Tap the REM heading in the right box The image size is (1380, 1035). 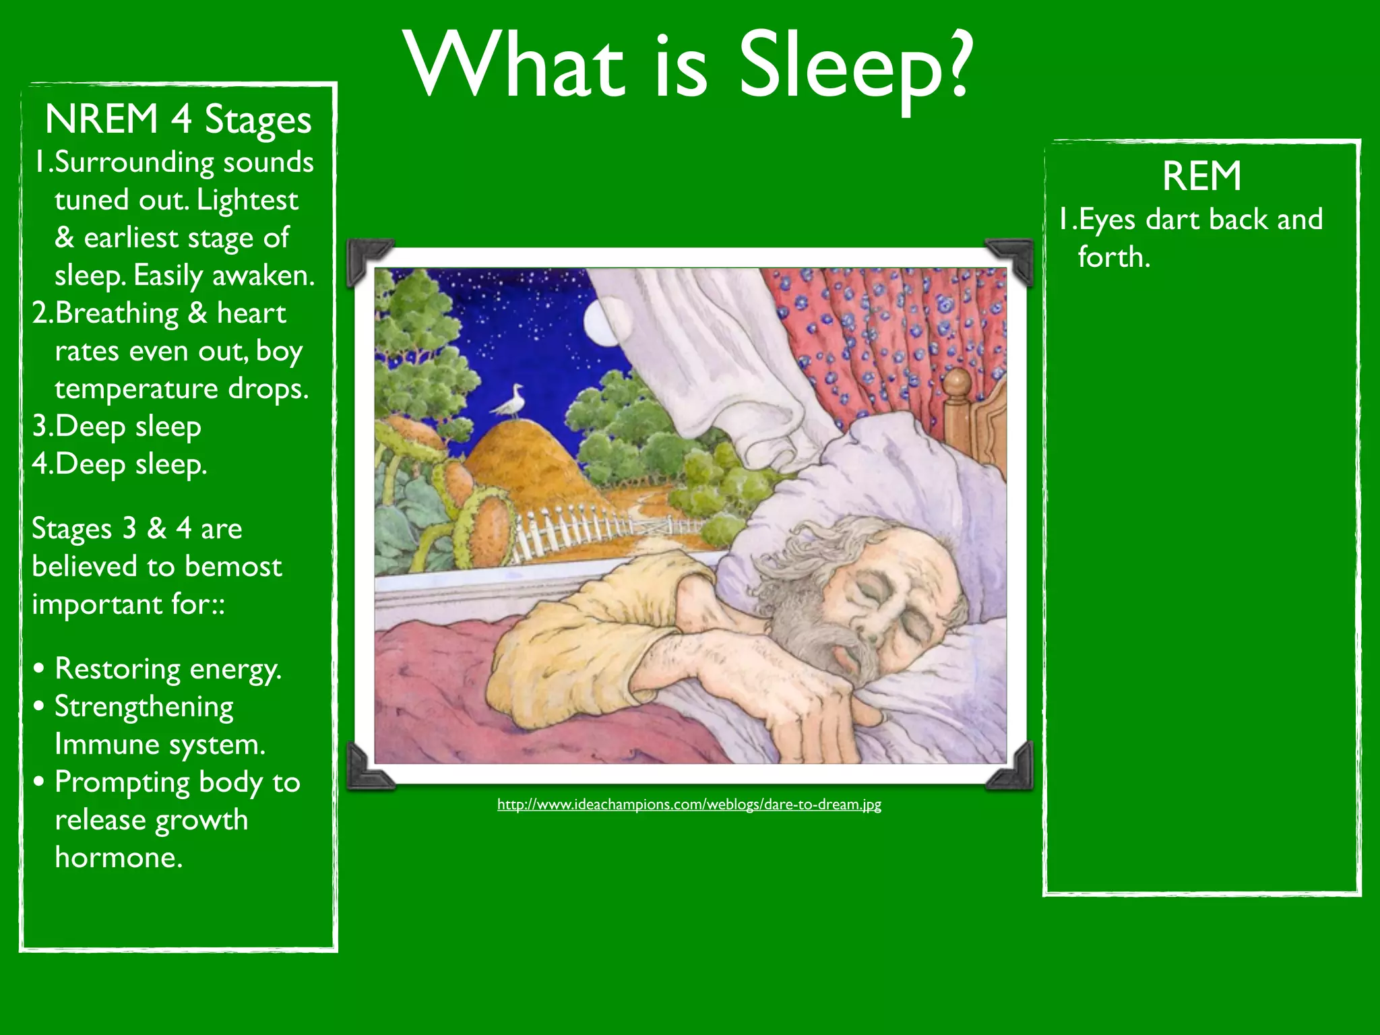(1201, 177)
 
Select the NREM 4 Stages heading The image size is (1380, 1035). (179, 120)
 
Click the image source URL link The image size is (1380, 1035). (689, 804)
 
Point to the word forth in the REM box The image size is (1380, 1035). (1112, 257)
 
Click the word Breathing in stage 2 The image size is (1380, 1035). (116, 313)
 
